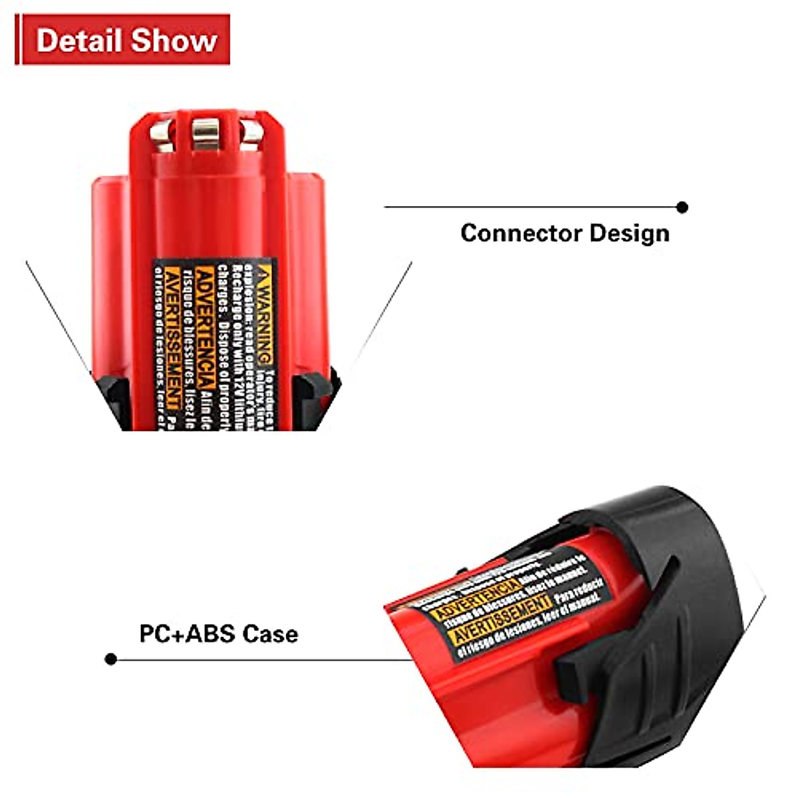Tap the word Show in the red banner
pos(174,41)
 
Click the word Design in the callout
pos(629,233)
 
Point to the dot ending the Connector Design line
pos(682,207)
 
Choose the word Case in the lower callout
pos(270,633)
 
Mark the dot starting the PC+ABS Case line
pos(111,659)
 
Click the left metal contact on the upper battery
pos(160,133)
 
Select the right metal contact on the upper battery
pos(251,133)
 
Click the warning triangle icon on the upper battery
pos(265,274)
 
